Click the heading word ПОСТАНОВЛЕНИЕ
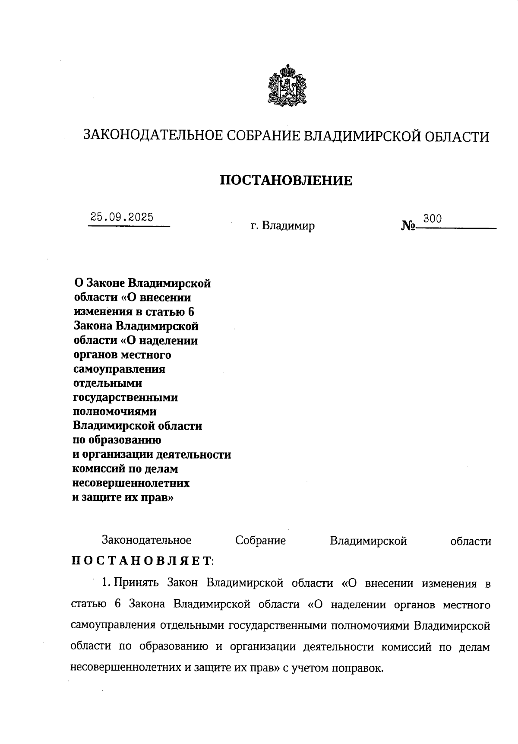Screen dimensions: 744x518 [x=286, y=180]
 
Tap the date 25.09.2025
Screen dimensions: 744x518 [x=122, y=217]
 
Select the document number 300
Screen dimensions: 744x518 [x=432, y=218]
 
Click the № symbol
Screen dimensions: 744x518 [x=408, y=226]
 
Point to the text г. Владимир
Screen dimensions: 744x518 [x=283, y=226]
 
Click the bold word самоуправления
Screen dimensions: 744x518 [x=120, y=369]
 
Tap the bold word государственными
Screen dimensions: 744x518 [x=126, y=398]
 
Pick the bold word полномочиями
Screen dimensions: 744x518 [x=115, y=412]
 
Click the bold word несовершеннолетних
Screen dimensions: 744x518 [x=131, y=482]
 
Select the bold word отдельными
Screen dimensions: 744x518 [x=107, y=383]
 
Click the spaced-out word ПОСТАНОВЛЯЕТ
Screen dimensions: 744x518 [x=142, y=561]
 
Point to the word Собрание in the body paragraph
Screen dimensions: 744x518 [x=260, y=541]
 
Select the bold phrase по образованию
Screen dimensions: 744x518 [x=117, y=440]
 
